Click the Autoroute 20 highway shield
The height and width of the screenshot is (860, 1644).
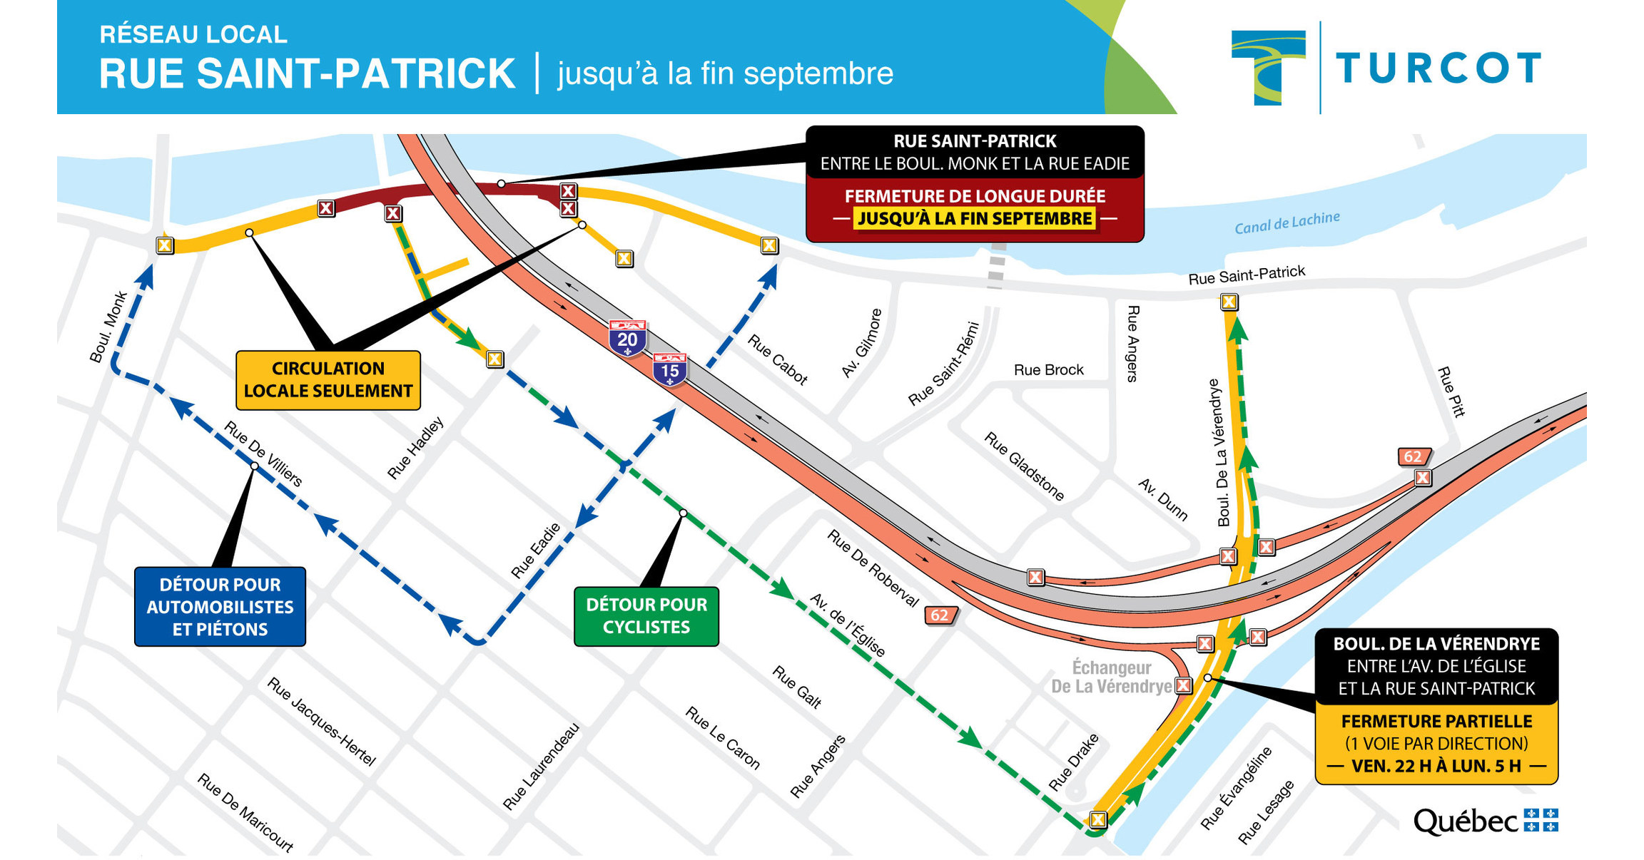627,338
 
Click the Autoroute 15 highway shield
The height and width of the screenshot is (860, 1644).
669,369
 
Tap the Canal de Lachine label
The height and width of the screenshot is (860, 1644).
1287,222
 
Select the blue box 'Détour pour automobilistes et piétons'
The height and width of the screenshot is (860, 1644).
220,607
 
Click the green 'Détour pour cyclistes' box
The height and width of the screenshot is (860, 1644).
646,616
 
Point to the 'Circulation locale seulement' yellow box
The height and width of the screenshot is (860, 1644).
328,380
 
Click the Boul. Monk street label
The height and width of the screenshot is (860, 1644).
108,327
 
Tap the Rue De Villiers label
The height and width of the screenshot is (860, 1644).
263,454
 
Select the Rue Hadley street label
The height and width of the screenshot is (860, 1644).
415,448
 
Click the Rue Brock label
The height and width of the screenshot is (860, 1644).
1048,370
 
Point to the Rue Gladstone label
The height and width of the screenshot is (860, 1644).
1024,466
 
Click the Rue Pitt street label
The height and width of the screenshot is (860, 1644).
1451,391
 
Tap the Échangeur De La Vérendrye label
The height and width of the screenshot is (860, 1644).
1111,677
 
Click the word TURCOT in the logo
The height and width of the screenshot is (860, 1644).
1437,69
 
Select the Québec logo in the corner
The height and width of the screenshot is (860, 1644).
1485,821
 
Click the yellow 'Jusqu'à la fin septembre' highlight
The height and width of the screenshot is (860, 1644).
975,219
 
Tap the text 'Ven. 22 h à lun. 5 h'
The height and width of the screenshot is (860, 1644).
1436,767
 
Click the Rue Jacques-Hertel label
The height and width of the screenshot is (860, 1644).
321,722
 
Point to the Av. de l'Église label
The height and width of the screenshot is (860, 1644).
848,625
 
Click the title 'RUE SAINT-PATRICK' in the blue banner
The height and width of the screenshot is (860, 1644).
307,74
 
